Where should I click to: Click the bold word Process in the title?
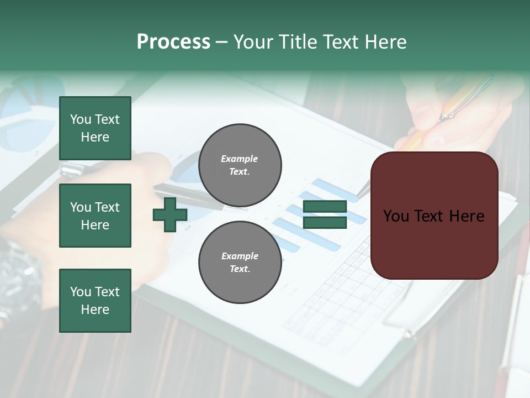[x=173, y=42]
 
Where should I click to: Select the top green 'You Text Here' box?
[x=95, y=128]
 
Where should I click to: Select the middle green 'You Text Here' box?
[x=95, y=216]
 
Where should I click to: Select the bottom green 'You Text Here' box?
[x=95, y=301]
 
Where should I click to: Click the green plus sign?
[x=170, y=215]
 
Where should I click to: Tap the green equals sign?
[x=325, y=214]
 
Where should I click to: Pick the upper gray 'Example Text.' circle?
[x=240, y=165]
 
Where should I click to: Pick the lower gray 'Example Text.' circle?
[x=240, y=263]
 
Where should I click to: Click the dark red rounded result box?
[x=434, y=216]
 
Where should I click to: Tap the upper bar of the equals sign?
[x=325, y=207]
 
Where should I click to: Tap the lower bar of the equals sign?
[x=325, y=222]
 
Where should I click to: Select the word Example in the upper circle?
[x=240, y=159]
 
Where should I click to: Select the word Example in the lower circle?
[x=240, y=256]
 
